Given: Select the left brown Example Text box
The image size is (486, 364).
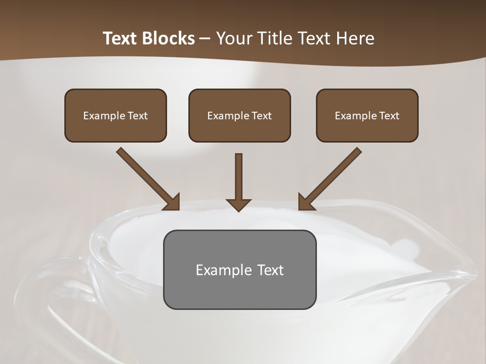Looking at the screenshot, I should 115,115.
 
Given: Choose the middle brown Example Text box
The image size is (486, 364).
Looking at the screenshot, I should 239,115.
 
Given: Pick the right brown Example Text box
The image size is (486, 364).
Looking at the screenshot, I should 367,115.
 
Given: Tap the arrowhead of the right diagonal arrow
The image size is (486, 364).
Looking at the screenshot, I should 305,202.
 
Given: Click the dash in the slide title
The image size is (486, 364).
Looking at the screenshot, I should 206,39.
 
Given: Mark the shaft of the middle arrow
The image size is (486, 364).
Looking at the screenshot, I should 238,174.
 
